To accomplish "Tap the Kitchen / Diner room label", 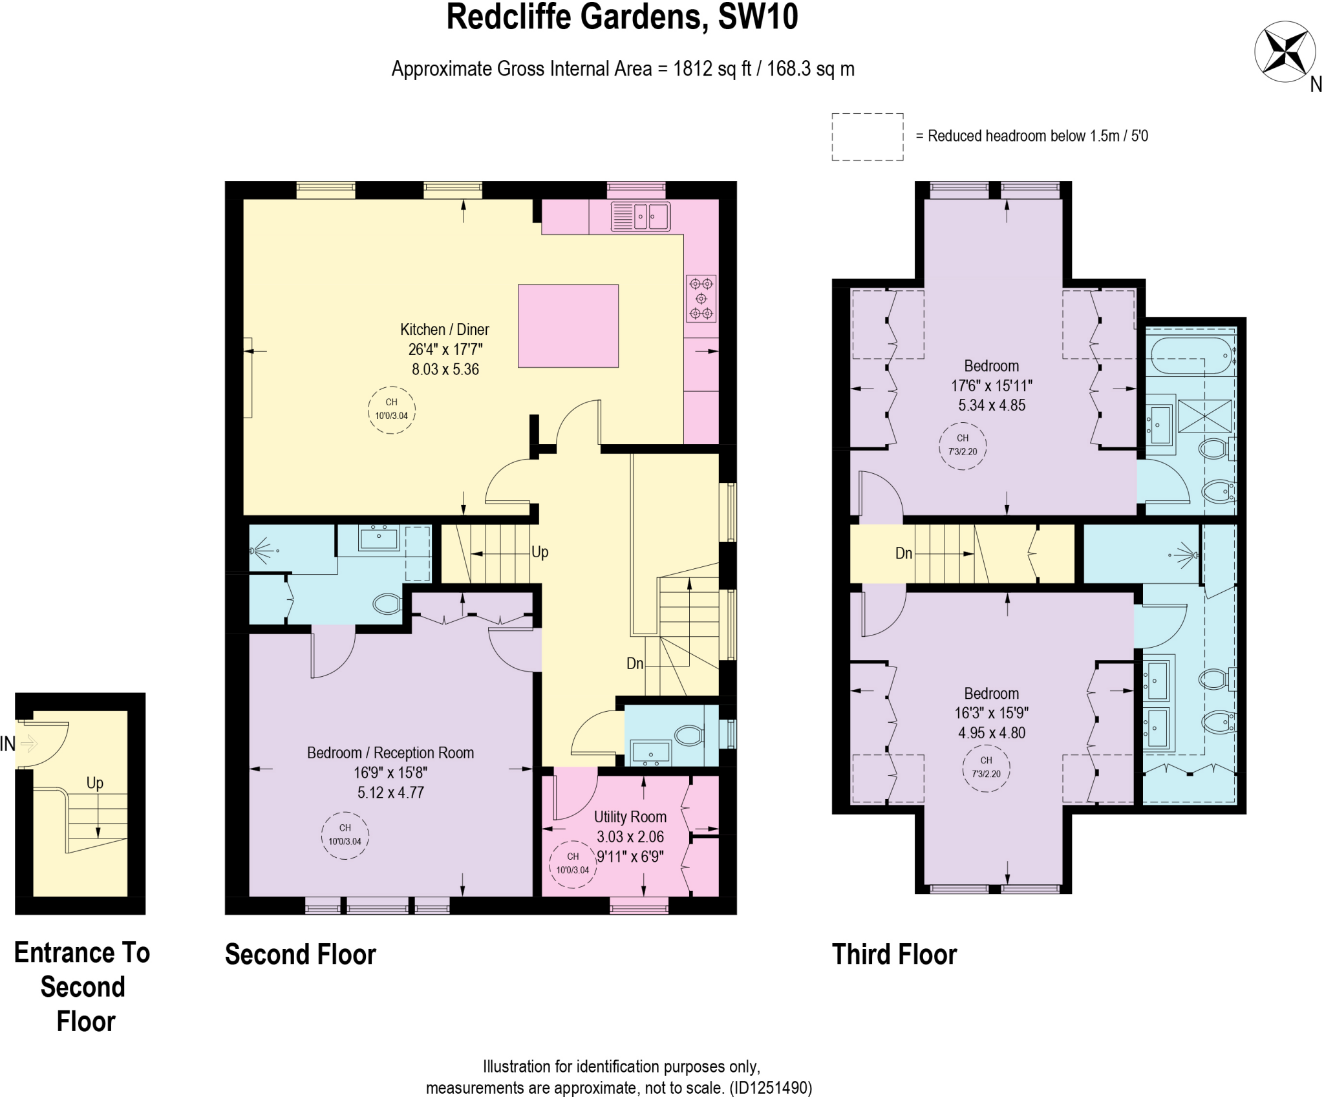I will [444, 330].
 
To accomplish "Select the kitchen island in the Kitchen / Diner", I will [568, 326].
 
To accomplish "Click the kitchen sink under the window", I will [640, 216].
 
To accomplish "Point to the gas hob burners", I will [701, 299].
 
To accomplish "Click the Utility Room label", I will [630, 816].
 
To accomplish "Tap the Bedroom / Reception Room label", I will [390, 753].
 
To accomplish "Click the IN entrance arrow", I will [28, 744].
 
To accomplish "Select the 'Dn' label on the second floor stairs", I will [635, 663].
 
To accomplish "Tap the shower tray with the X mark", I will [1204, 416].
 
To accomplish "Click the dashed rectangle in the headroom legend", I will [867, 136].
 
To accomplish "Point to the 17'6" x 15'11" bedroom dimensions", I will [991, 386].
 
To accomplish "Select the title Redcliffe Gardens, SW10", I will [622, 17].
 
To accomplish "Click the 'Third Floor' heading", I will [893, 955].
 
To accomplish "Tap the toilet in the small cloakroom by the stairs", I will [688, 735].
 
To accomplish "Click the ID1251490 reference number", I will [770, 1088].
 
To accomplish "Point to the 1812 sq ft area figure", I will [712, 69].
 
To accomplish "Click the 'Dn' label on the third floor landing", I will [903, 553].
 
